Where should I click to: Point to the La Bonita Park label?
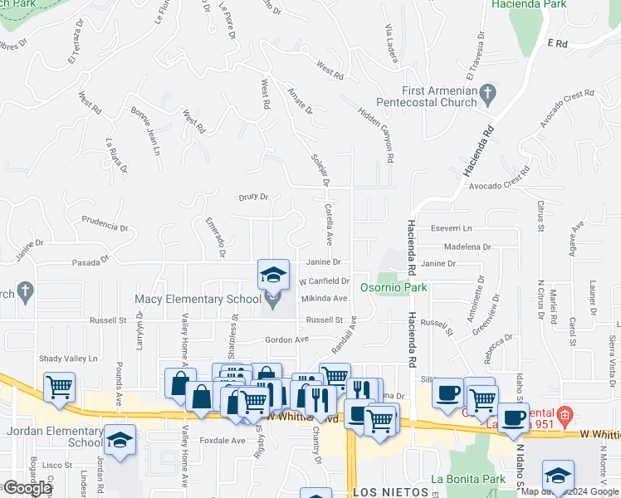468,479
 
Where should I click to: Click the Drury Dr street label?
254,198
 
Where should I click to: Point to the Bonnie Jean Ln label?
144,131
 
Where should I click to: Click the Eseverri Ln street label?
452,228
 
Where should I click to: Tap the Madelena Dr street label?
467,247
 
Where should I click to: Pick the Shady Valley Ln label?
69,359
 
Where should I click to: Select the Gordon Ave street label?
286,339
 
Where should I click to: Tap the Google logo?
27,489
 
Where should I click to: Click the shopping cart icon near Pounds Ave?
59,386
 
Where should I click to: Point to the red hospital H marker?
565,413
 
